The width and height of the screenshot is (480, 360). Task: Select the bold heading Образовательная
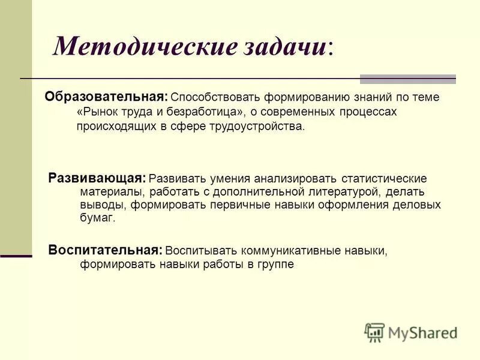click(106, 97)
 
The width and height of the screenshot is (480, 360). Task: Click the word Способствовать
click(209, 98)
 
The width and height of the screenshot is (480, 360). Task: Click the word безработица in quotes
click(211, 112)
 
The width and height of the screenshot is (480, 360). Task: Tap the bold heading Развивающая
click(97, 178)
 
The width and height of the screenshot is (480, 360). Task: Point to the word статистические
click(384, 179)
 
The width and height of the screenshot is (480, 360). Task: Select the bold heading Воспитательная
click(105, 250)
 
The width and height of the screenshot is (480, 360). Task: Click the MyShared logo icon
click(374, 332)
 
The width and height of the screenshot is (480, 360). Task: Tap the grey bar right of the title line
click(407, 79)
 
